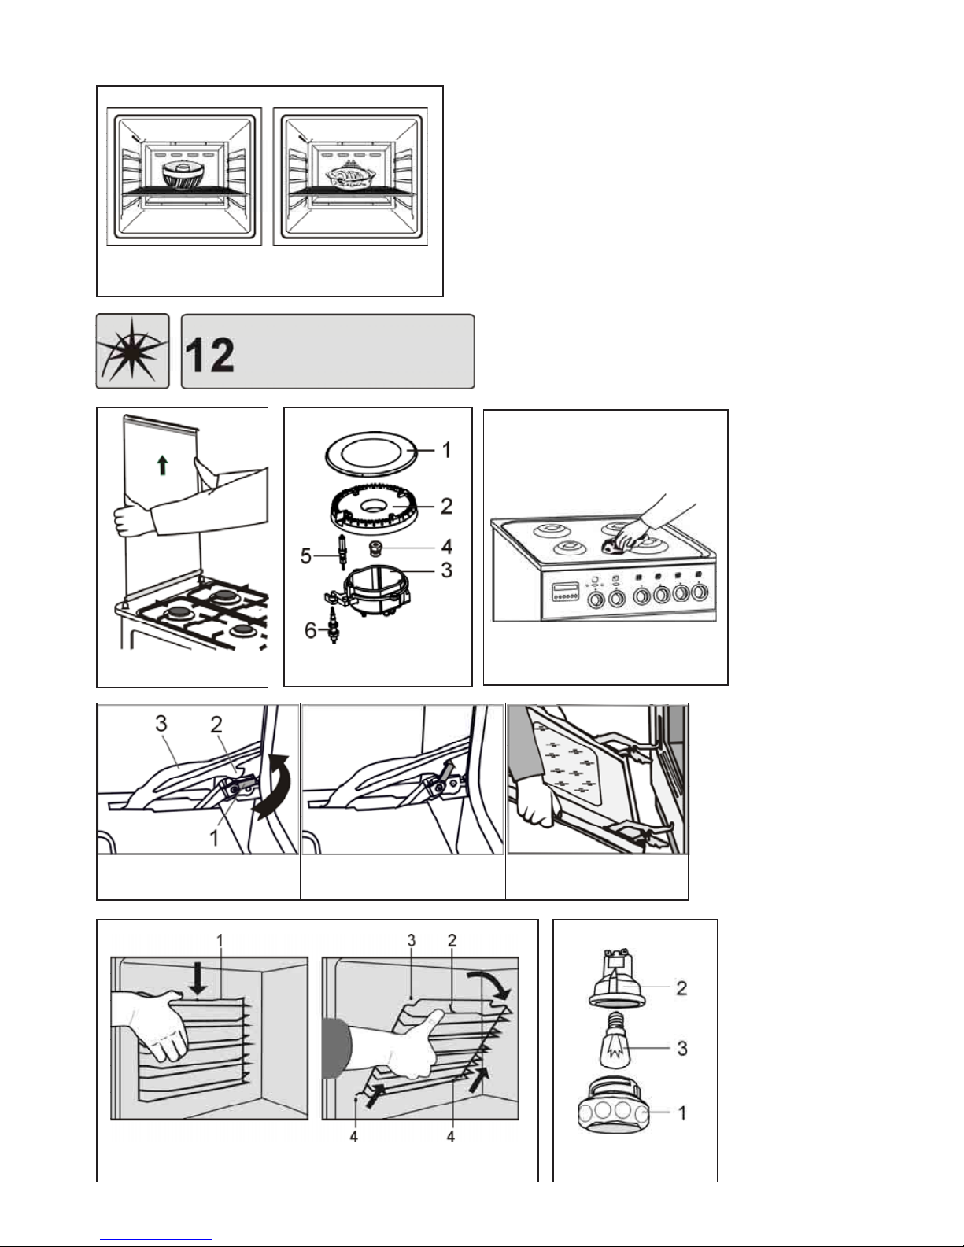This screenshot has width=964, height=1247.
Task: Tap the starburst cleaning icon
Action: [132, 351]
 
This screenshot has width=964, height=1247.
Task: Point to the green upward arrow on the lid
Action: [162, 466]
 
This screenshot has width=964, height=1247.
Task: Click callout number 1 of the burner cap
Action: [446, 450]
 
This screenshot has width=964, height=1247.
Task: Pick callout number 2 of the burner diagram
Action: [446, 506]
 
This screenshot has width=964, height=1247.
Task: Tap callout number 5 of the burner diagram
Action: [307, 556]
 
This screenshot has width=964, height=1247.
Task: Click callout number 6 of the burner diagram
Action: [310, 629]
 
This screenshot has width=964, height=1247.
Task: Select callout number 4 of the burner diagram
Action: [446, 546]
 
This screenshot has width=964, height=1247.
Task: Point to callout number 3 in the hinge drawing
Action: [161, 722]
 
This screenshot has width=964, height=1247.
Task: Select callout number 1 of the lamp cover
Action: [682, 1112]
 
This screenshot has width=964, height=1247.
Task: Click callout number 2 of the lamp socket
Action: [681, 987]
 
